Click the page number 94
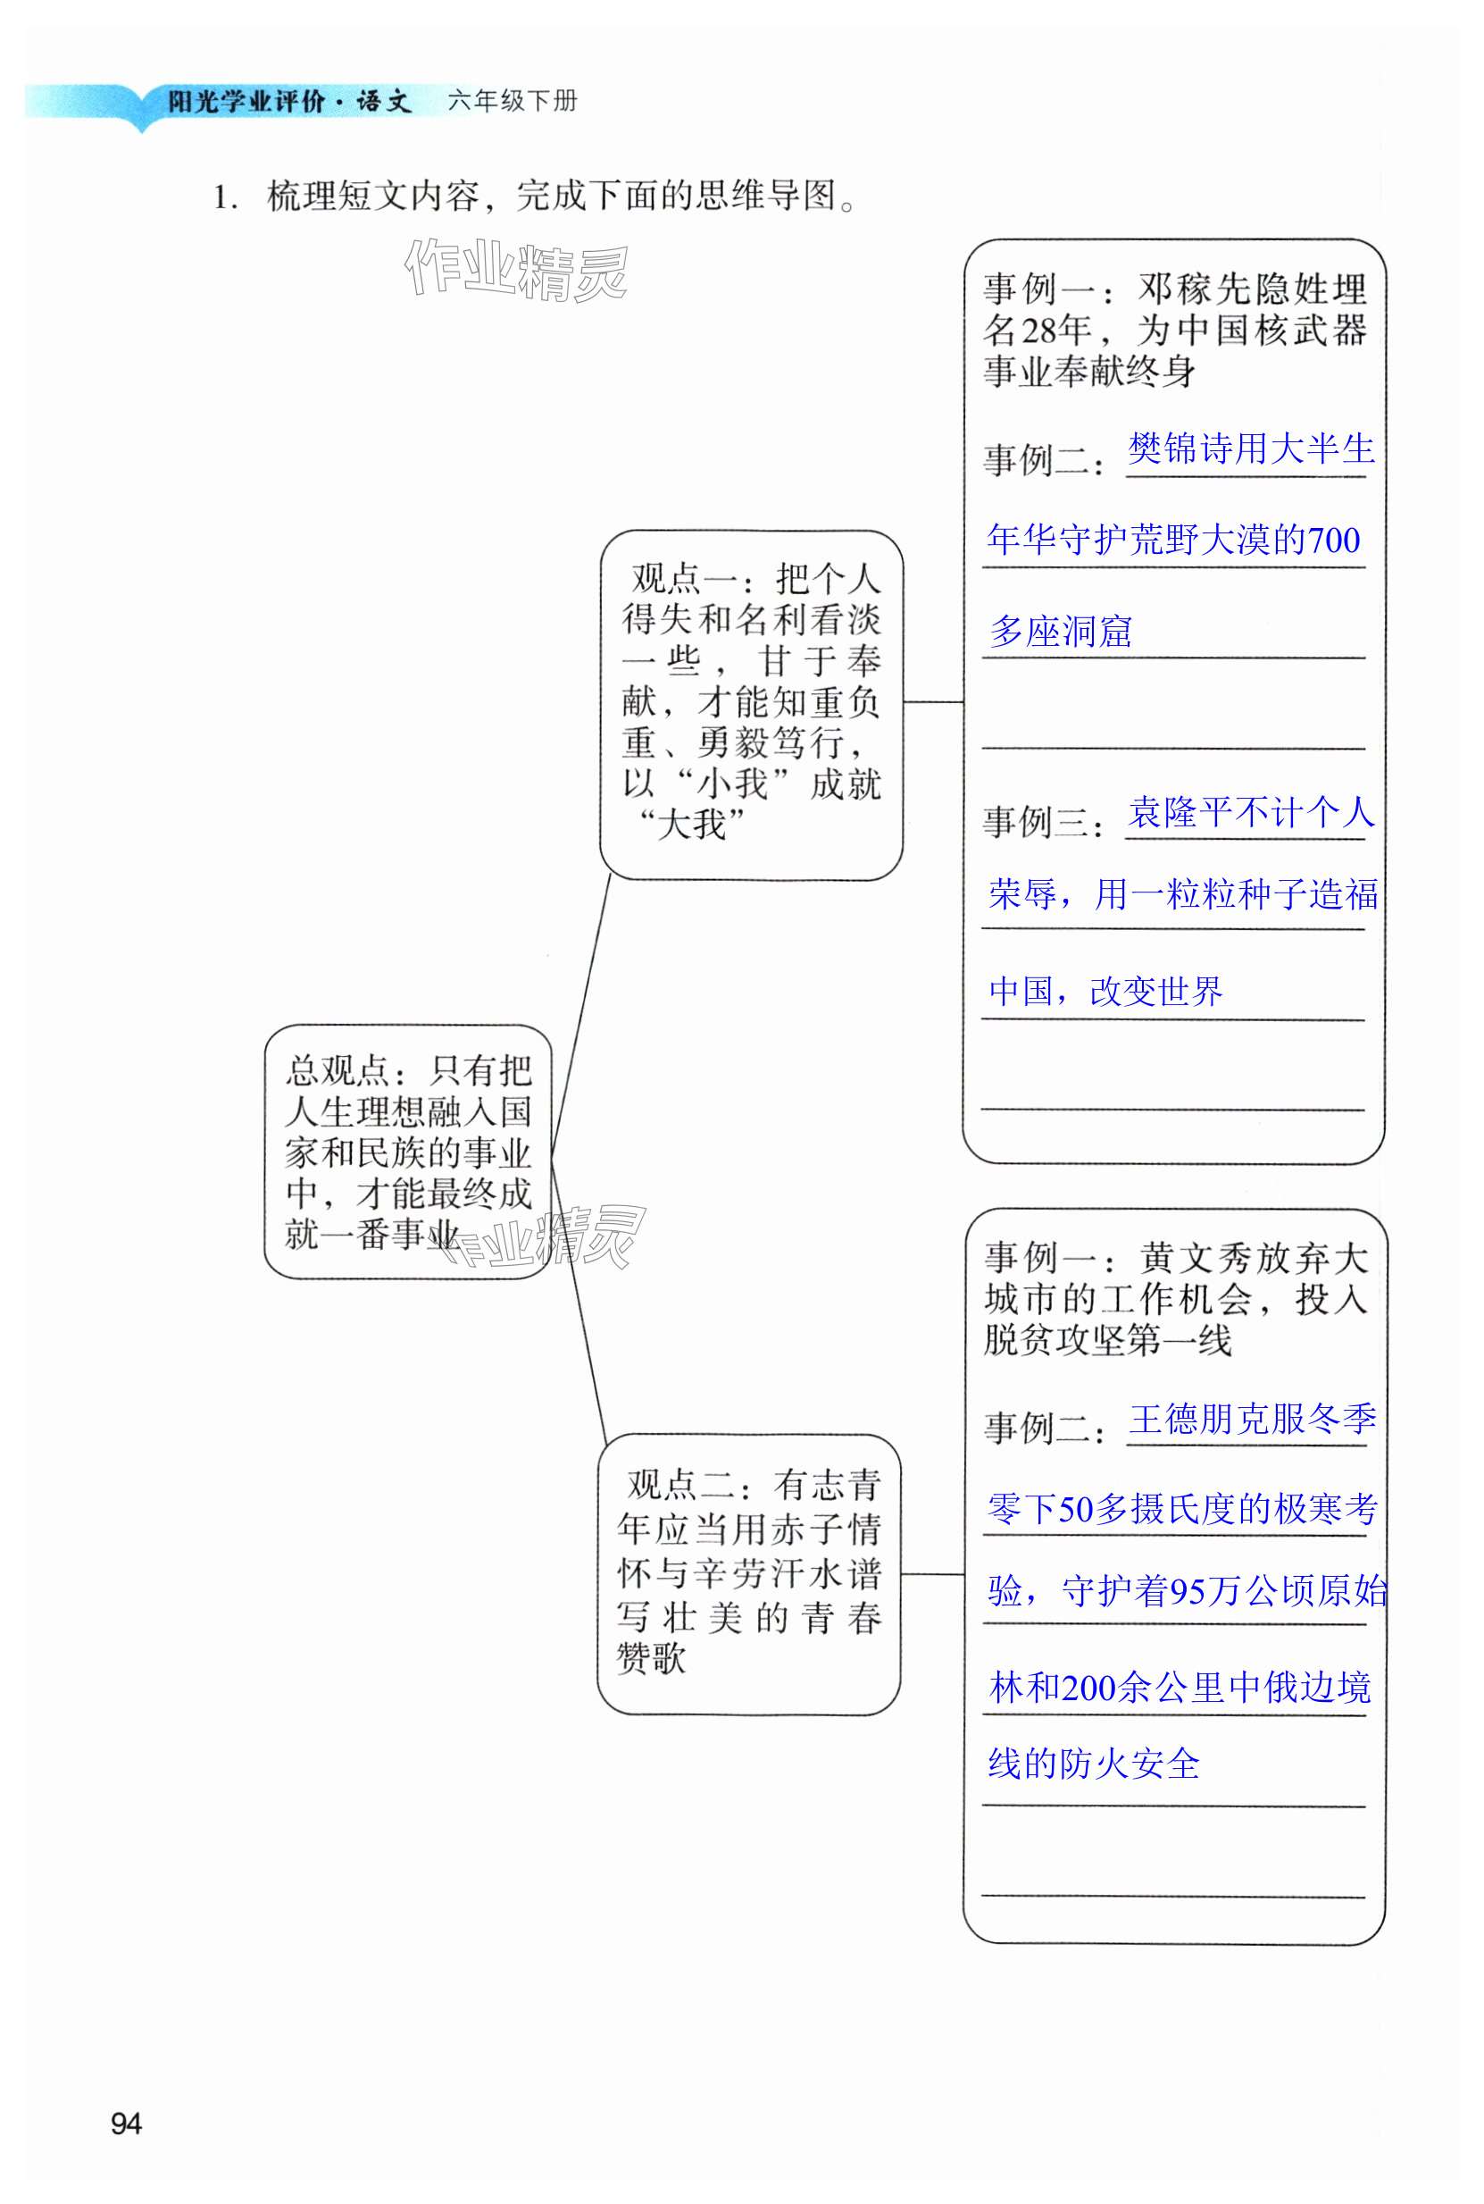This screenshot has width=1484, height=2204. tap(126, 2123)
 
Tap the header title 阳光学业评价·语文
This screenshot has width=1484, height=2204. tap(289, 101)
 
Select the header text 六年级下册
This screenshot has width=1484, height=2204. tap(512, 101)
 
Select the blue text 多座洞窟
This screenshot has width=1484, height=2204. tap(1060, 632)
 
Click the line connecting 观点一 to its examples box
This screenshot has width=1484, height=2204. tap(933, 702)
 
